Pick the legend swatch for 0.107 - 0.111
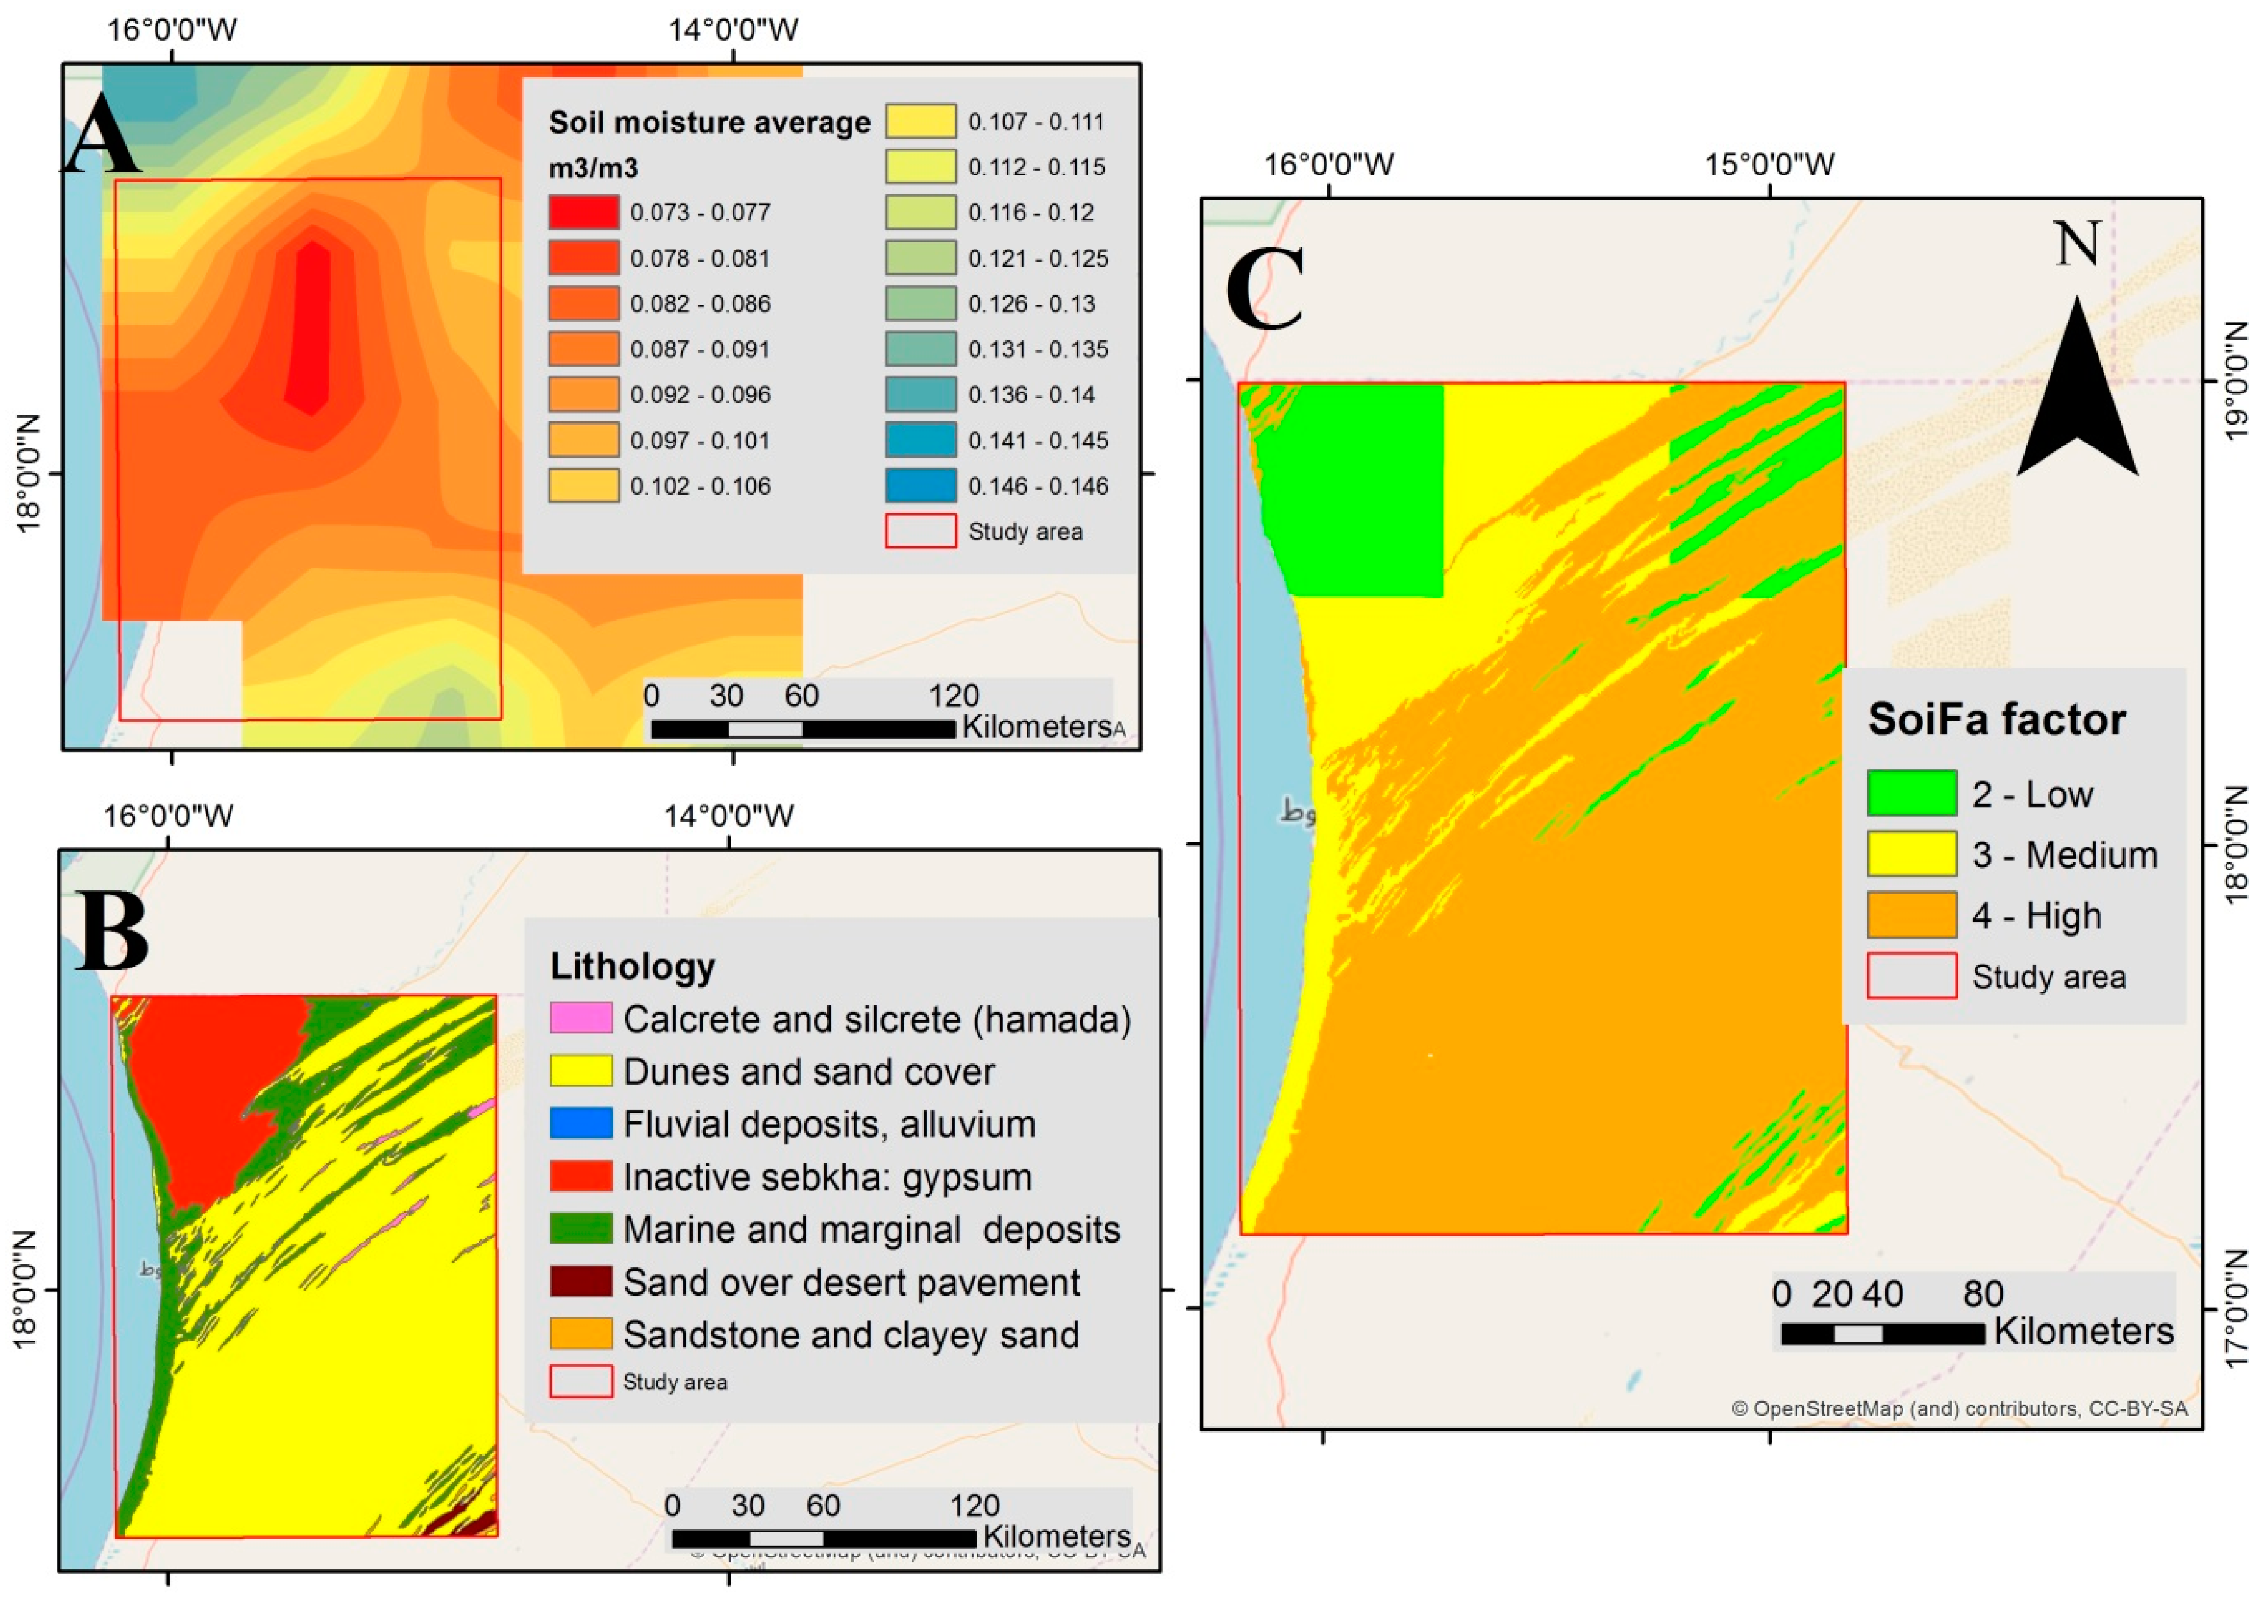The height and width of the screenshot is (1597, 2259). click(x=921, y=122)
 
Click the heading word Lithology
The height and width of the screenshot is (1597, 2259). click(x=633, y=966)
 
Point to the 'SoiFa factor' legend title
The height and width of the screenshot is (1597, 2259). click(x=1997, y=719)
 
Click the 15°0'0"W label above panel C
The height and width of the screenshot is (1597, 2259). click(x=1769, y=164)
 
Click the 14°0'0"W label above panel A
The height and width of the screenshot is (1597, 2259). click(x=733, y=29)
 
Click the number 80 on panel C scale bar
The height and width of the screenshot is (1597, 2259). click(x=1984, y=1294)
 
